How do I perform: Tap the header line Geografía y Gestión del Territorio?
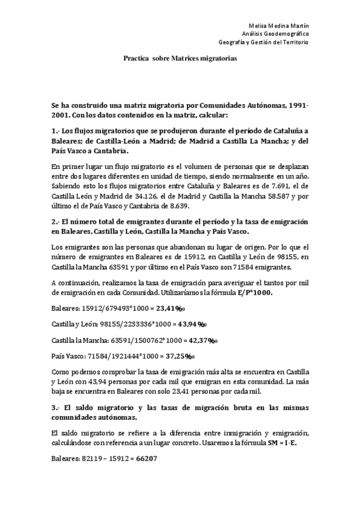click(263, 43)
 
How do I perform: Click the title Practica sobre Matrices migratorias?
click(180, 60)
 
